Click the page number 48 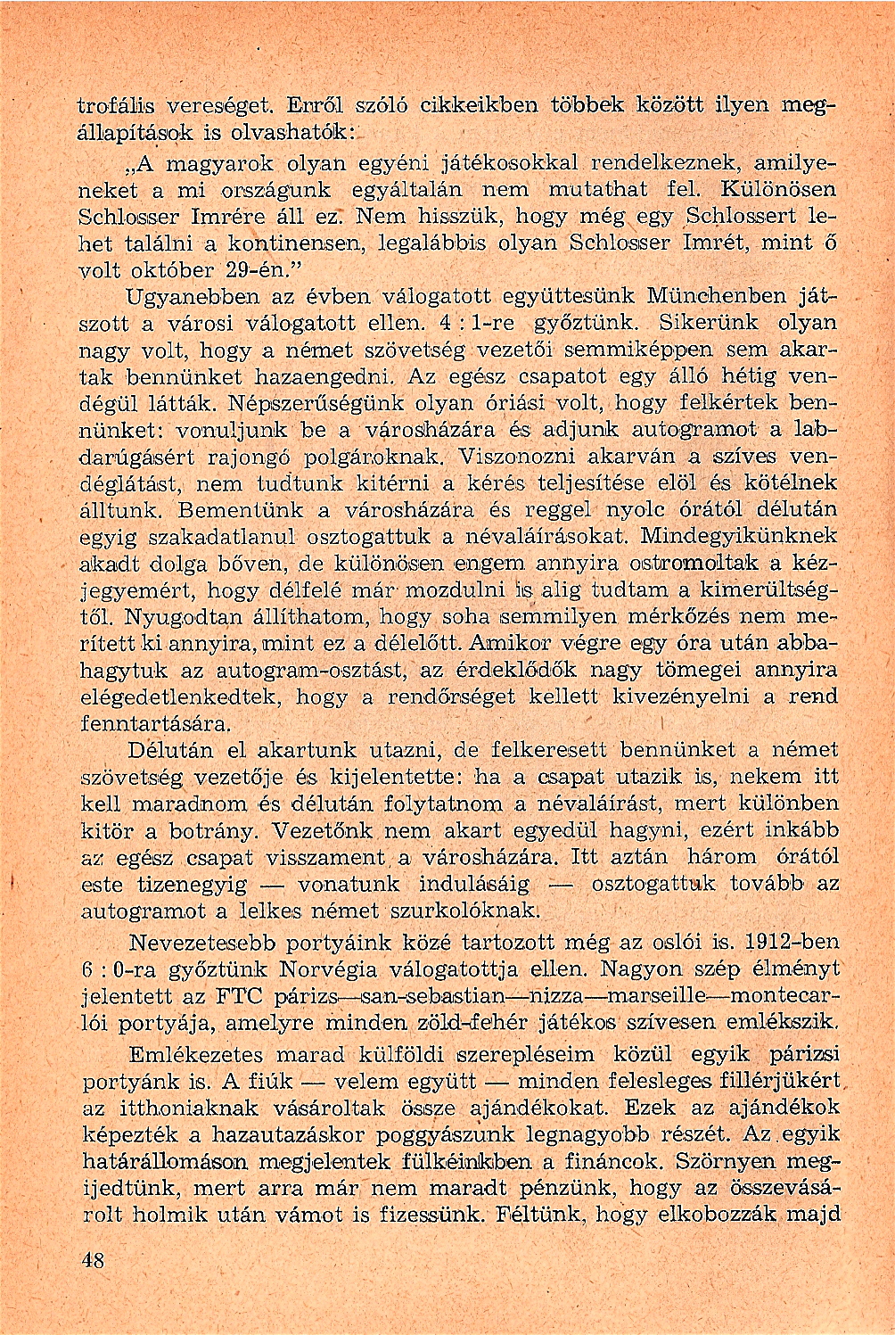click(x=93, y=1260)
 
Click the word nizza click(x=554, y=993)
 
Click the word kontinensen click(x=292, y=243)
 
